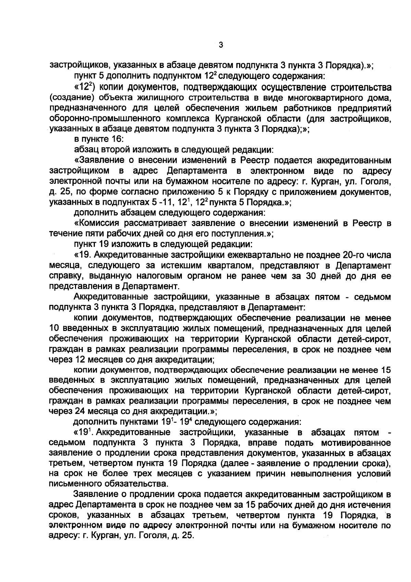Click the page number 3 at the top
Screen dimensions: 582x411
click(x=220, y=45)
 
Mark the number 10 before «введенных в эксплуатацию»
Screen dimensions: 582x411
click(x=55, y=329)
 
